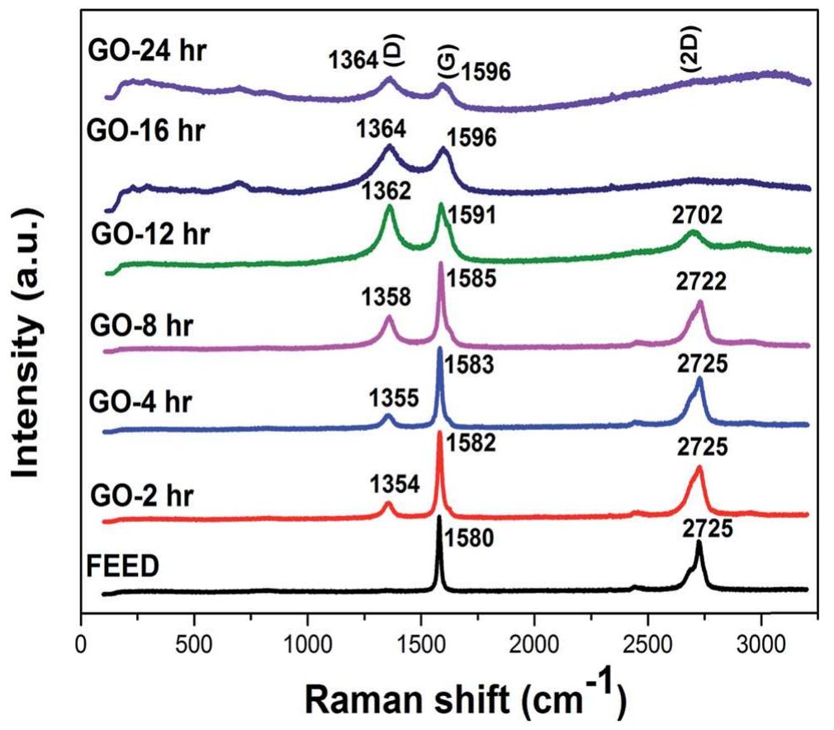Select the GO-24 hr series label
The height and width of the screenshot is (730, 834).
[148, 51]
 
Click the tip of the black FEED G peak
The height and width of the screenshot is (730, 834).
[439, 517]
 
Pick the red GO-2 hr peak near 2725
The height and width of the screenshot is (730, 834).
[699, 468]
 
